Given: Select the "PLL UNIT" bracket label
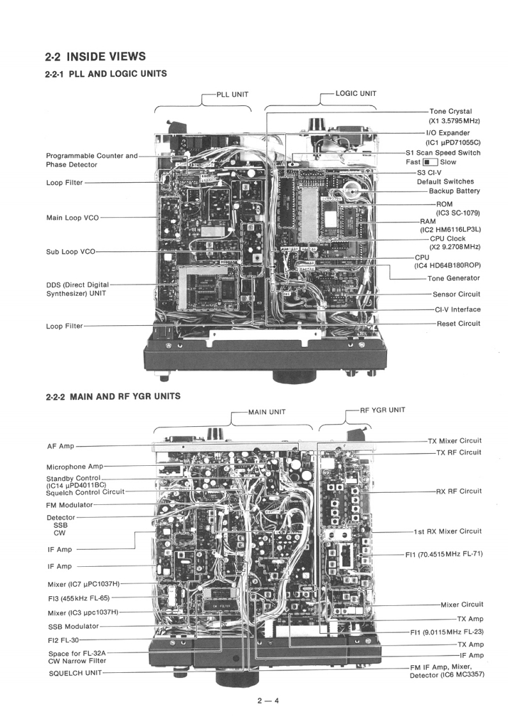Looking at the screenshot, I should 232,94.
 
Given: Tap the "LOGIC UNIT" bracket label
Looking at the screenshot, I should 356,93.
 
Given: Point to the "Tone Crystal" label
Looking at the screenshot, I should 450,111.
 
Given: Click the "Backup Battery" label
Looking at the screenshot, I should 454,191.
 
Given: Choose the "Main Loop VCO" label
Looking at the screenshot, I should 72,218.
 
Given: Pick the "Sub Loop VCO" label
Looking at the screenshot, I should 70,252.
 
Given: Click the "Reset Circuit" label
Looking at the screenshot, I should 458,323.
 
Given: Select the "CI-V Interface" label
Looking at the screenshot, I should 457,309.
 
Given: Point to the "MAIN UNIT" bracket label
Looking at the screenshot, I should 267,412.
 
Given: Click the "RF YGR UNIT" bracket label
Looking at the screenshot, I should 382,410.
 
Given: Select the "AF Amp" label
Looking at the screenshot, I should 60,446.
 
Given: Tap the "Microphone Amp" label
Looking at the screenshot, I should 74,467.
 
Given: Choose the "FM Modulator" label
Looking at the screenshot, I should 70,505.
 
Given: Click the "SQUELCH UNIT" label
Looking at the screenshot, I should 75,673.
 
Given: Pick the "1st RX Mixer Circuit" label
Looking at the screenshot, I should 447,531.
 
